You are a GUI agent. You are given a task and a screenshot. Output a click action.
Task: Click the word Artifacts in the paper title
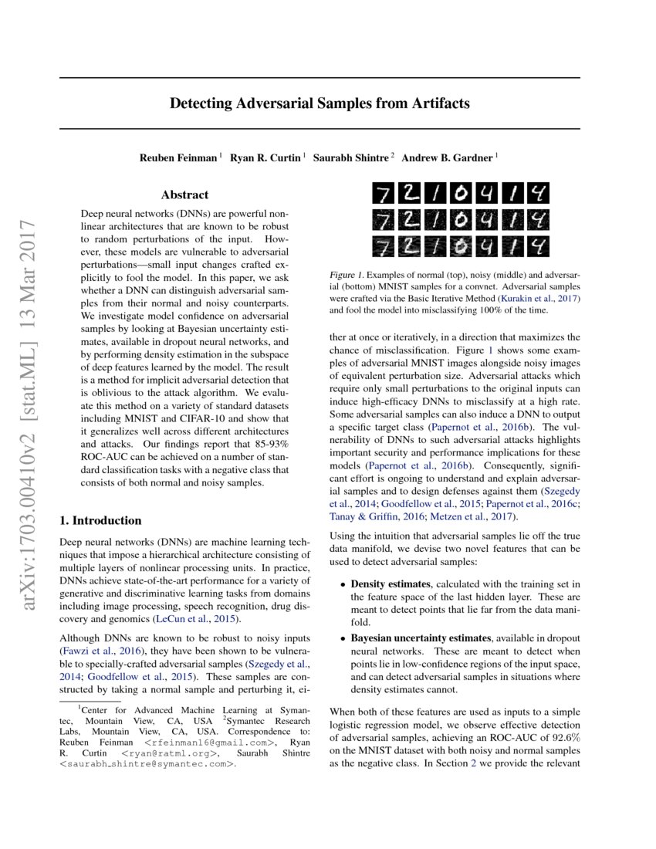pyautogui.click(x=436, y=103)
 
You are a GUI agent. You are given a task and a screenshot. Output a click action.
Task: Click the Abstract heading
pyautogui.click(x=184, y=195)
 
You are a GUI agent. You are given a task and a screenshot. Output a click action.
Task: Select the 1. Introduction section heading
pyautogui.click(x=100, y=520)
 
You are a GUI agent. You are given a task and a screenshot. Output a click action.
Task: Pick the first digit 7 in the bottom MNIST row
pyautogui.click(x=383, y=246)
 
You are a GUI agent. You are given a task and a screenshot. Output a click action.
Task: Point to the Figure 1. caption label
pyautogui.click(x=350, y=275)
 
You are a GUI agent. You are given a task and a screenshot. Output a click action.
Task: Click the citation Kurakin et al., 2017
pyautogui.click(x=537, y=298)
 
